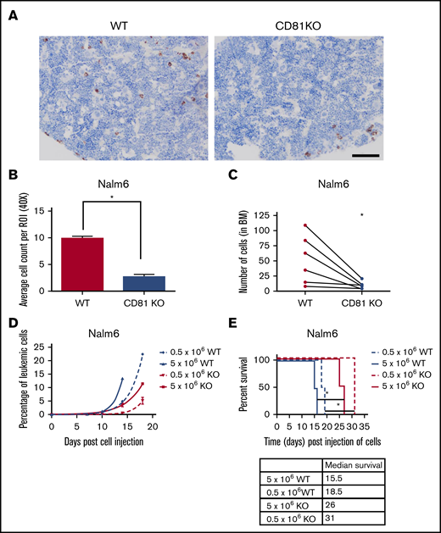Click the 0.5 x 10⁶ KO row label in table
click(x=292, y=514)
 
